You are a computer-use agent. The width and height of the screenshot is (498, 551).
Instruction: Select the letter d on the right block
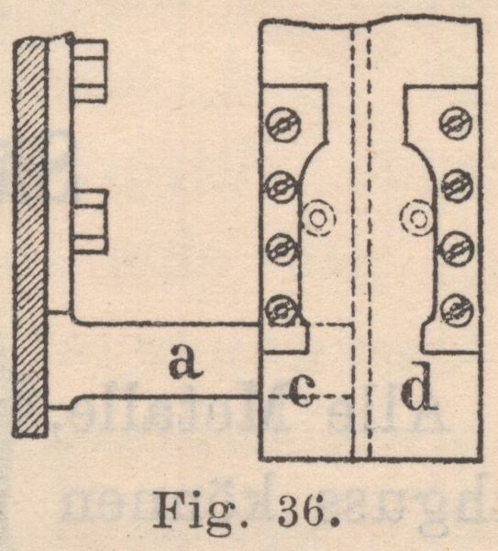coord(416,386)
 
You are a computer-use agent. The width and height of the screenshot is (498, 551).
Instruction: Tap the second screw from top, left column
coord(282,186)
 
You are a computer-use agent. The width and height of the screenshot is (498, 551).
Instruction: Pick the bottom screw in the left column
coord(282,310)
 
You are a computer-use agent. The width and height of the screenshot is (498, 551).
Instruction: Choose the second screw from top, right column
coord(457,186)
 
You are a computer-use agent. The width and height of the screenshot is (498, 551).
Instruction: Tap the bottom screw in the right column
coord(457,310)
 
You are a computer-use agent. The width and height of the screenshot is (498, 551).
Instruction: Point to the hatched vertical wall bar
coord(30,238)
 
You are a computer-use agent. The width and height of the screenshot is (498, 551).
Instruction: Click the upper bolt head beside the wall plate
coord(90,72)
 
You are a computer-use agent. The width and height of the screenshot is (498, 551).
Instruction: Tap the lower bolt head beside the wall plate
coord(90,221)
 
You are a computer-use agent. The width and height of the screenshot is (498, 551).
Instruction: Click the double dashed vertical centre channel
coord(361,242)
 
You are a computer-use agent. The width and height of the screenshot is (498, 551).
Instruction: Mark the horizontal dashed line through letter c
coord(306,397)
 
